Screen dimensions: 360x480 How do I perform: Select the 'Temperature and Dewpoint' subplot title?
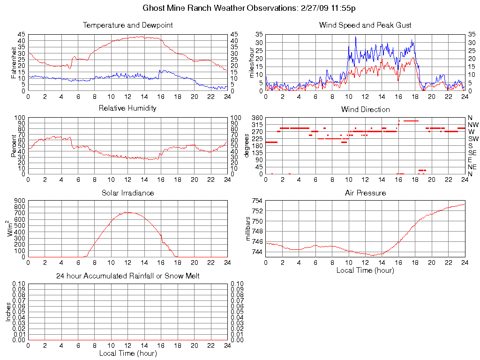coord(127,25)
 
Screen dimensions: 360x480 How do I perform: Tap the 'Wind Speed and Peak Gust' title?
coord(365,25)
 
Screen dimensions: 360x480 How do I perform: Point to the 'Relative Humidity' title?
coord(127,108)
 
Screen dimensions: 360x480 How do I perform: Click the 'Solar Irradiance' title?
coord(127,193)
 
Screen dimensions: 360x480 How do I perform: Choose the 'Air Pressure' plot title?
coord(365,193)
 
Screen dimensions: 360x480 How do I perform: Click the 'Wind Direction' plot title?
coord(365,110)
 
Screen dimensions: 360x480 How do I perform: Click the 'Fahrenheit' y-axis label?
coord(14,62)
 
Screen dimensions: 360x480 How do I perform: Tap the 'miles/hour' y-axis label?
coord(252,62)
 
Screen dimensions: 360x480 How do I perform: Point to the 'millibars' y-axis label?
coord(249,228)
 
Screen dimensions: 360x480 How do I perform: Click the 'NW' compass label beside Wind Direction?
coord(473,125)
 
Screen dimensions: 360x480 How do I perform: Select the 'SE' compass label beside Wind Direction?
coord(472,153)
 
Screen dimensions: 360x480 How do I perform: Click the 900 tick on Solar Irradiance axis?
coord(21,201)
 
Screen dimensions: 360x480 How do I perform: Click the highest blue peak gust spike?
coord(355,37)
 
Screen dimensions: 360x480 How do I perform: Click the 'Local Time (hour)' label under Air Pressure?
coord(365,270)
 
